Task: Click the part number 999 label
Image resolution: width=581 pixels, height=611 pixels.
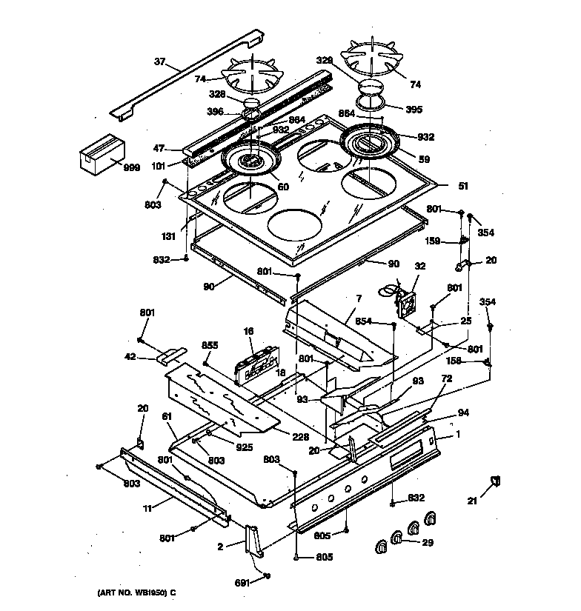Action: (131, 168)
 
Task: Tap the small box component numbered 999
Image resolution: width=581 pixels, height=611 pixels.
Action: (99, 153)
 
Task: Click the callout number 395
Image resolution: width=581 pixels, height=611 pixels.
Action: (414, 110)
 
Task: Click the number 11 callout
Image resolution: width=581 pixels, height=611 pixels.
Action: (147, 508)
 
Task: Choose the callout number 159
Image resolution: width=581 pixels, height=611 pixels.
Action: (432, 240)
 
